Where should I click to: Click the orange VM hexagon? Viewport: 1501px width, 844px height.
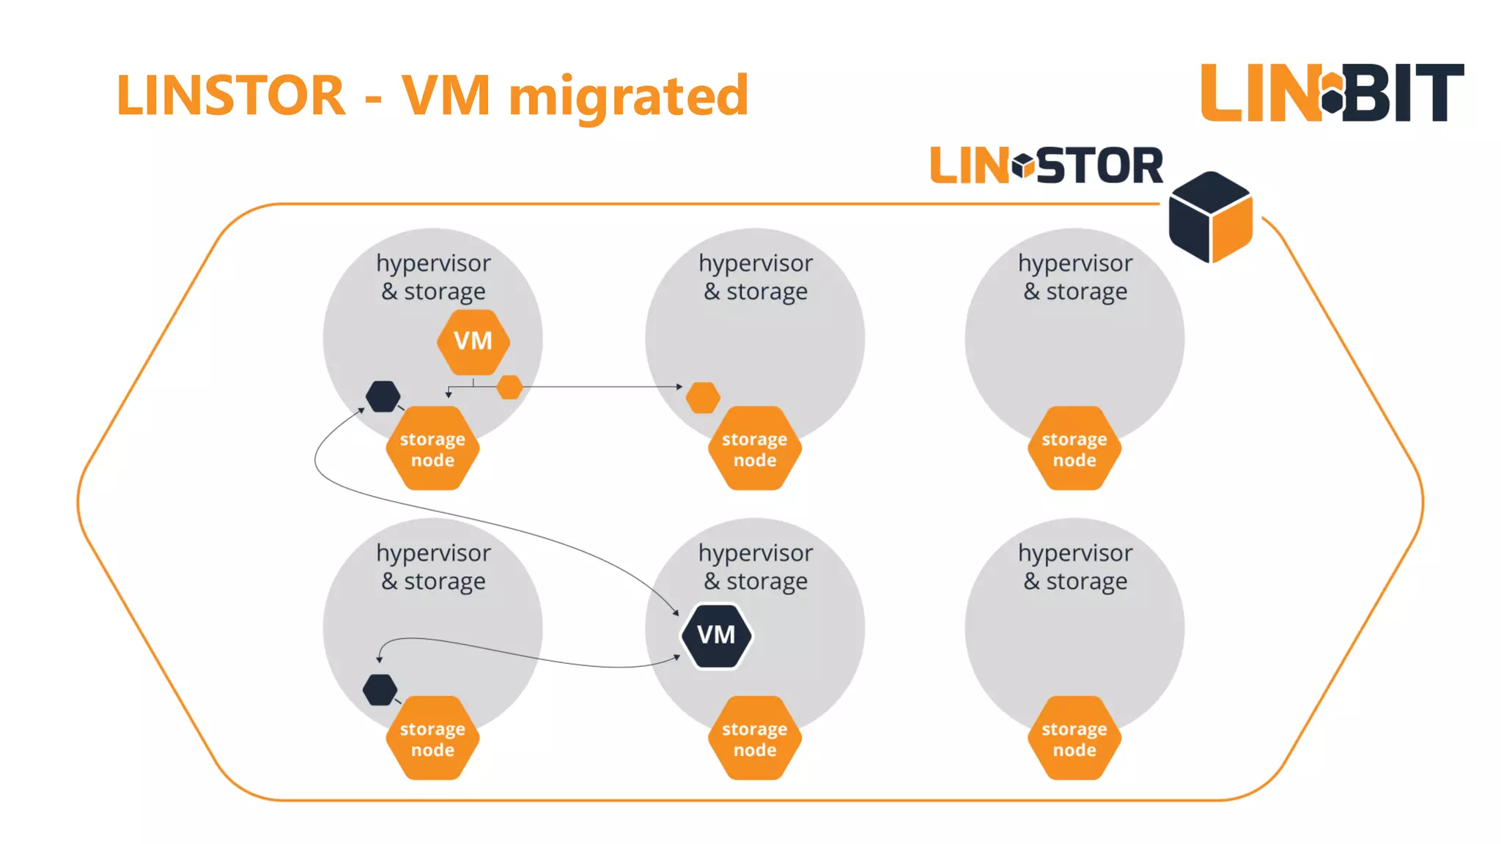click(473, 341)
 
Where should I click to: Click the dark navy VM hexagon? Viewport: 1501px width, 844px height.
click(716, 635)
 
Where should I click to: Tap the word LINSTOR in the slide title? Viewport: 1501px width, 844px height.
click(231, 95)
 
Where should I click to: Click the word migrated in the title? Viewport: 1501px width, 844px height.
click(628, 95)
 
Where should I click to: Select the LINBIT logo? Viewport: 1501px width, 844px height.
click(1332, 92)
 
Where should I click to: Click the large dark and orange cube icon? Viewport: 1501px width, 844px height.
click(1210, 217)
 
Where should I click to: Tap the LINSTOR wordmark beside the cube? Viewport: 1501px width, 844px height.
click(1046, 166)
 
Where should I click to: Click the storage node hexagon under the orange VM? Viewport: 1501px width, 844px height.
click(432, 449)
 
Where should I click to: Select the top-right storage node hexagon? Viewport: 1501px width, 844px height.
click(1074, 449)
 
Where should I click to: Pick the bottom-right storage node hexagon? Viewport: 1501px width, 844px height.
click(1074, 738)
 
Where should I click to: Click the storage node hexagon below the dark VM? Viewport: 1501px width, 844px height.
click(754, 738)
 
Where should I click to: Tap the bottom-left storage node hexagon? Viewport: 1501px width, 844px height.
click(432, 738)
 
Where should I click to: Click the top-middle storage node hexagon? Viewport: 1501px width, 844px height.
click(754, 449)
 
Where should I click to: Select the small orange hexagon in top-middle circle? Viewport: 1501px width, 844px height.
click(703, 398)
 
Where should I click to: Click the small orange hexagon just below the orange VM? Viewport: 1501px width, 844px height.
click(509, 387)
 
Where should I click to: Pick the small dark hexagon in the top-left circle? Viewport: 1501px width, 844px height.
click(383, 396)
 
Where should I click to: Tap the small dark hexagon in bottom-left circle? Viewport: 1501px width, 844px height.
click(380, 689)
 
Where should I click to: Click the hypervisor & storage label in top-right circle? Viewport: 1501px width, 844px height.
click(1074, 277)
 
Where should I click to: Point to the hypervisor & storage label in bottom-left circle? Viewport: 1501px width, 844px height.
click(433, 566)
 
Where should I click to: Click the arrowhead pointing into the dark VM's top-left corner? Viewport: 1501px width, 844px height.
click(676, 612)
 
